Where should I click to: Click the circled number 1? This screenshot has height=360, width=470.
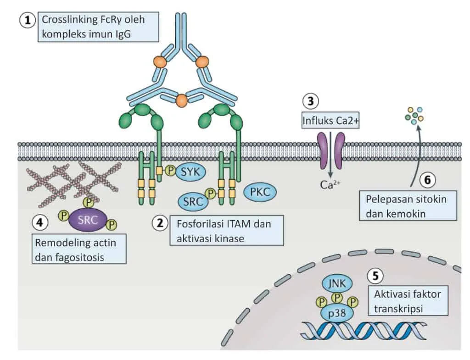click(x=28, y=20)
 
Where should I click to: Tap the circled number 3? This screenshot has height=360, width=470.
click(x=310, y=101)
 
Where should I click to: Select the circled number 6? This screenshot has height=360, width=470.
click(x=427, y=180)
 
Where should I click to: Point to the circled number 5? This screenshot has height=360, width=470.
click(x=375, y=276)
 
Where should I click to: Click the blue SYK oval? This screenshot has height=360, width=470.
click(x=190, y=172)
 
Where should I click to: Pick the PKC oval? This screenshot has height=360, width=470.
click(x=260, y=192)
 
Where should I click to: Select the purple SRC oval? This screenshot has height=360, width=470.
click(x=88, y=220)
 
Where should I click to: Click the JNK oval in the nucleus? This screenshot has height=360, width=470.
click(x=337, y=283)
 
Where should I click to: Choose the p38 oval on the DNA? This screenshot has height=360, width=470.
click(x=337, y=314)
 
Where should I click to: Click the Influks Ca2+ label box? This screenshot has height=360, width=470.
click(x=330, y=121)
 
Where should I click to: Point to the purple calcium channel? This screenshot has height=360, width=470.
click(x=331, y=150)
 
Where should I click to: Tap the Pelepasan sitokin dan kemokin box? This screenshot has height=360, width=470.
click(x=408, y=206)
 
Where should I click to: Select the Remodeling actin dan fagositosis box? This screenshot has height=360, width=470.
click(x=79, y=249)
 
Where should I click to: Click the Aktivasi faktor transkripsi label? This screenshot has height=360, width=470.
click(x=408, y=300)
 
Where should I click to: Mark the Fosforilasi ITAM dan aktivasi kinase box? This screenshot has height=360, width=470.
click(x=227, y=231)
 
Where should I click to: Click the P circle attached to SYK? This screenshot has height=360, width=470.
click(x=170, y=171)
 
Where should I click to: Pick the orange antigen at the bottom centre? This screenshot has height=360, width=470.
click(x=182, y=100)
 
